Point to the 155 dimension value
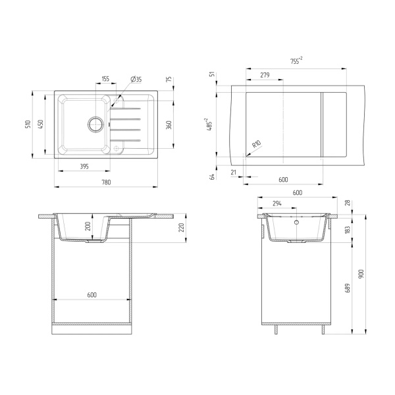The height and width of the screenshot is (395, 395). pyautogui.click(x=105, y=80)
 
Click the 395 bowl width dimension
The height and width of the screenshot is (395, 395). pyautogui.click(x=84, y=167)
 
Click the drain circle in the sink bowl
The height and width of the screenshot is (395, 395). pyautogui.click(x=95, y=123)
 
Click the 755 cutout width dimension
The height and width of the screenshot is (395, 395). pyautogui.click(x=296, y=61)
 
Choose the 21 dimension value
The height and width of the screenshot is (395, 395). pyautogui.click(x=234, y=172)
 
